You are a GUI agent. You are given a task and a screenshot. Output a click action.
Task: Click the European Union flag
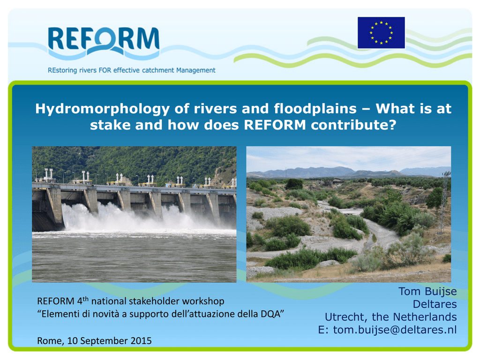tap(381, 33)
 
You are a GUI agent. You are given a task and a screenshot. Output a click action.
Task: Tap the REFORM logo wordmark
tap(104, 42)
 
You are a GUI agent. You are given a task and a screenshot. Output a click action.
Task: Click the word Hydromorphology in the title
tap(102, 109)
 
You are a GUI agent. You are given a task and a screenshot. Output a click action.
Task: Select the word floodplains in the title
tap(315, 109)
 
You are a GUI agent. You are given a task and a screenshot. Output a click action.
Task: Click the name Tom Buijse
tap(427, 292)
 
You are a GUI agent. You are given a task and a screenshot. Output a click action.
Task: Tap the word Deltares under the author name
tap(435, 304)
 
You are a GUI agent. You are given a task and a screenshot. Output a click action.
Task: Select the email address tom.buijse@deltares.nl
tap(395, 330)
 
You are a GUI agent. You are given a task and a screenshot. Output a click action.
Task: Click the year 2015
tap(141, 341)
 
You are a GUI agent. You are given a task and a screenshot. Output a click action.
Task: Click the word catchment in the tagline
tap(158, 70)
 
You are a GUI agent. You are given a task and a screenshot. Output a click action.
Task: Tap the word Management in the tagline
tap(195, 70)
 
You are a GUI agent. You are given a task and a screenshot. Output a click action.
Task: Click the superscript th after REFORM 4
tap(86, 299)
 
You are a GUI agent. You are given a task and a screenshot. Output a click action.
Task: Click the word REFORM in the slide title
tap(275, 125)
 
